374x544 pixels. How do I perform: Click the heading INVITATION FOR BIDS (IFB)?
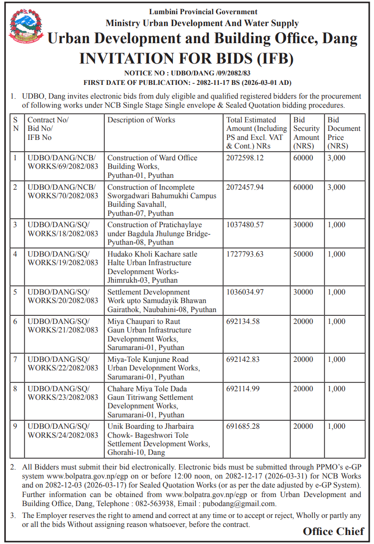pos(187,58)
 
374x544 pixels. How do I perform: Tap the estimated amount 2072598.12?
pos(245,158)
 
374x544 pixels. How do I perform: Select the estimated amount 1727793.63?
pos(245,254)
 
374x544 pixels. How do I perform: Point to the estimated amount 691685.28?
pos(243,426)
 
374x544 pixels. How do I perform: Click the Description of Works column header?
pos(141,120)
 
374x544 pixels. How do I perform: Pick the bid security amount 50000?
pos(303,254)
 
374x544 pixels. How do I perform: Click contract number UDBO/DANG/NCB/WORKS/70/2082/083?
pos(62,192)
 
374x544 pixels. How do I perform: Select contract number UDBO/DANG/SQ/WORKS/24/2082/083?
pos(62,431)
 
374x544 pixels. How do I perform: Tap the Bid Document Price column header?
pos(344,133)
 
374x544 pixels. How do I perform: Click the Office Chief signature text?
pos(334,531)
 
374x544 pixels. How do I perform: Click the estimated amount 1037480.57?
pos(245,225)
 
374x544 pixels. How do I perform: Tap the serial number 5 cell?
pos(15,292)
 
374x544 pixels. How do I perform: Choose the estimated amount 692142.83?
pos(243,360)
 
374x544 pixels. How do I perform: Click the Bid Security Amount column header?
pos(306,133)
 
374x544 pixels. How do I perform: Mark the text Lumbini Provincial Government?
pos(203,12)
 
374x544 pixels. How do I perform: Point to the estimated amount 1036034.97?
pos(245,292)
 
